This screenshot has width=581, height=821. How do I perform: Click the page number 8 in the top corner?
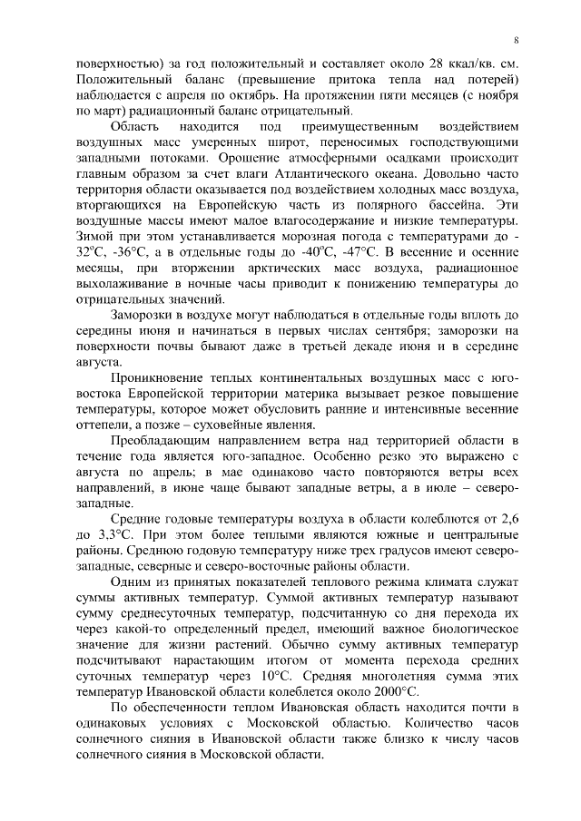pos(516,40)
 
